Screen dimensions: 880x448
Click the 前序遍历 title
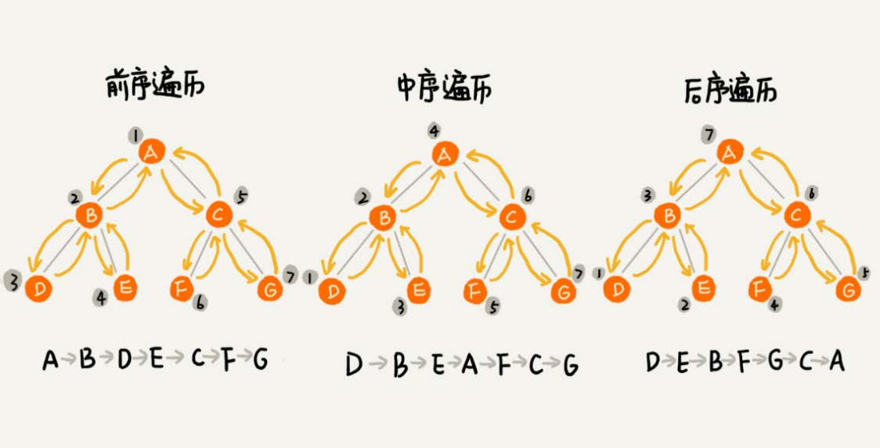click(154, 85)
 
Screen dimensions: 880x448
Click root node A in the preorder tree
click(152, 153)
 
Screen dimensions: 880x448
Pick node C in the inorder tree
click(510, 217)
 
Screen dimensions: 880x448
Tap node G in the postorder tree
click(846, 290)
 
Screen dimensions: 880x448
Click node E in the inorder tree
click(420, 291)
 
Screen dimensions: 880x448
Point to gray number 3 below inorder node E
click(400, 309)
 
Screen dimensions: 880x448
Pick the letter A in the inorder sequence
click(468, 363)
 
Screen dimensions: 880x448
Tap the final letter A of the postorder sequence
click(836, 361)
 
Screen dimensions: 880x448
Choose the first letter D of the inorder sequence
click(354, 364)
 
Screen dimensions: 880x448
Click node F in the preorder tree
click(179, 289)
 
